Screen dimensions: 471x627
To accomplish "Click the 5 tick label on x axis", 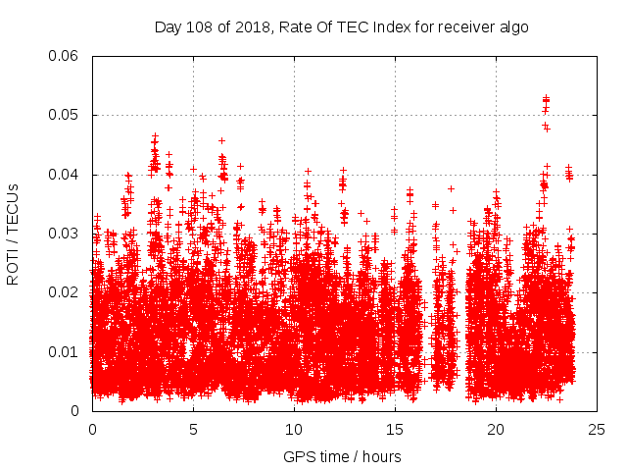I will click(193, 430).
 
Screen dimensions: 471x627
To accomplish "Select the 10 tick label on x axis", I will click(294, 430).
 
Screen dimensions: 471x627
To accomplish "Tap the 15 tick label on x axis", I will click(395, 430).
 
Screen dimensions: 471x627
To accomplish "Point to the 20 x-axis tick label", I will click(496, 430).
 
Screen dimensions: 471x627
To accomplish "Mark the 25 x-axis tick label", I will click(597, 430).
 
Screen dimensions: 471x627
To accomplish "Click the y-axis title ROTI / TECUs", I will click(14, 234).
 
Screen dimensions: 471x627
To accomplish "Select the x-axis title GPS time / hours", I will click(342, 456).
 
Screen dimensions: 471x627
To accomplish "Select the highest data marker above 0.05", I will click(546, 98).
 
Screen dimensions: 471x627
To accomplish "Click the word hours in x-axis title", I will click(381, 456).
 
